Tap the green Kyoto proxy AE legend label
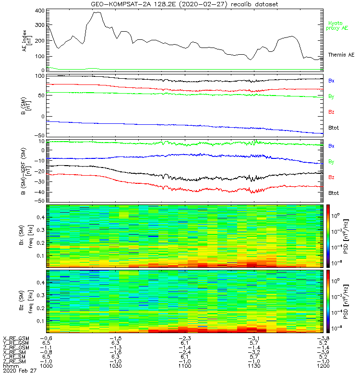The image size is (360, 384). point(337,25)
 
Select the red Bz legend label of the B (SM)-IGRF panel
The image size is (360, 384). point(331,178)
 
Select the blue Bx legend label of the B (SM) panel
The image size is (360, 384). point(331,81)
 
